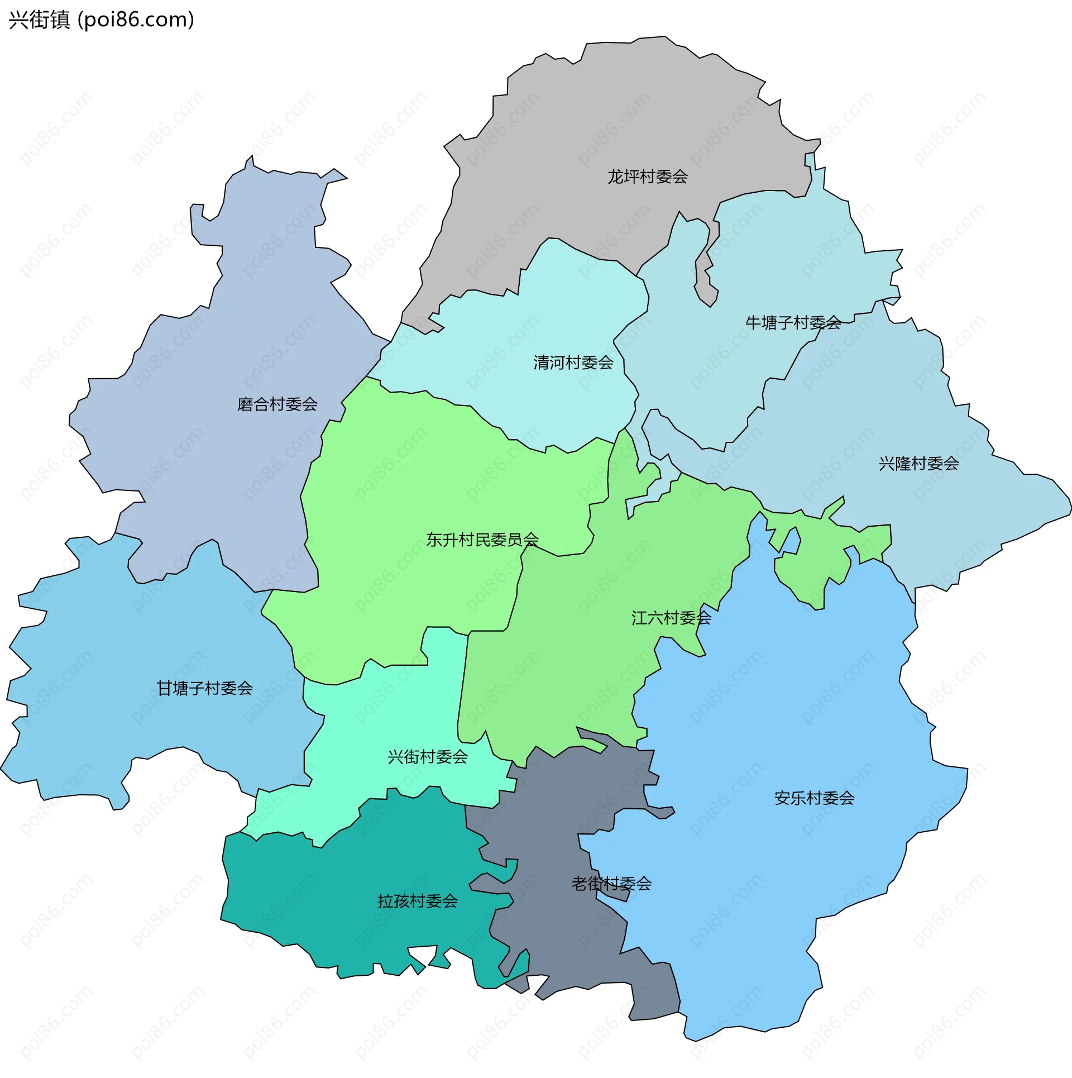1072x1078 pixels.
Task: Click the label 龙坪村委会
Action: [x=647, y=177]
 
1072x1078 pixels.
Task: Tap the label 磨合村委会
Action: [x=277, y=404]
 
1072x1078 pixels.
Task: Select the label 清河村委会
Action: [x=573, y=363]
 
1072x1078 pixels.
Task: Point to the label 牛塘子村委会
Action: [x=793, y=323]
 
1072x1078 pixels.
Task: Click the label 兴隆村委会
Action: [x=918, y=464]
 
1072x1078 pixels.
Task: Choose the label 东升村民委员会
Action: [x=482, y=540]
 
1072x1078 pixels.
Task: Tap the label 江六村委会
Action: [x=671, y=618]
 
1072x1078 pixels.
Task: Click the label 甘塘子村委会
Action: [x=204, y=689]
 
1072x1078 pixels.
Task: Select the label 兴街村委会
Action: [x=427, y=757]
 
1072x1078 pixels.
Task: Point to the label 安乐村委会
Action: [x=814, y=799]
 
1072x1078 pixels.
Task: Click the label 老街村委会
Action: [x=611, y=884]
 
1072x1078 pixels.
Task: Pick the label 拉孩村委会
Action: [x=418, y=901]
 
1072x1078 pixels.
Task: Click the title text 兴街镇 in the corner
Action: [x=39, y=20]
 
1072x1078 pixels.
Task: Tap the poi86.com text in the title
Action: [x=136, y=20]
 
